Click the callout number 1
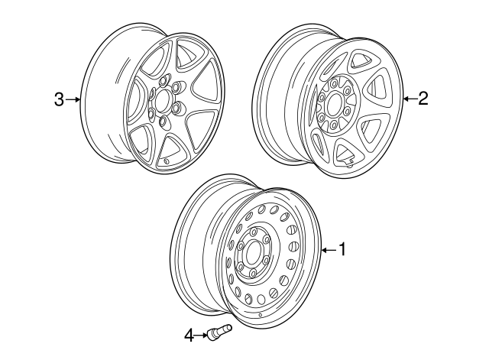tap(343, 248)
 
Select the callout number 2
tap(423, 97)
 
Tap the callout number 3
tap(58, 99)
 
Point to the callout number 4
tap(188, 333)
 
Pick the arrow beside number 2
tap(410, 97)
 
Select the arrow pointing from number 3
tap(73, 99)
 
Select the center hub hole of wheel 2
tap(334, 105)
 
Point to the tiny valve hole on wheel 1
tap(261, 315)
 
